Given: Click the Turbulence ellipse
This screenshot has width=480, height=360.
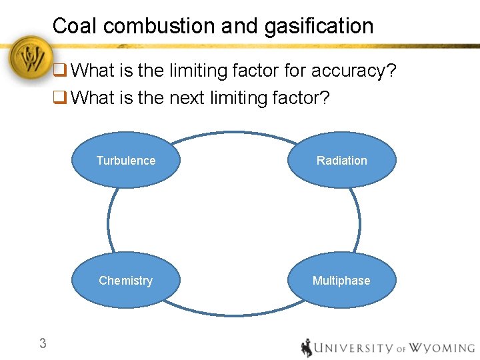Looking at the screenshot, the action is pos(125,160).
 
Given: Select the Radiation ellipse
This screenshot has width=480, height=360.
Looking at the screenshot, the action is pos(341,160).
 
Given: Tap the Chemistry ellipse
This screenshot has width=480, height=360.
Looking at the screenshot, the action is pos(125,280).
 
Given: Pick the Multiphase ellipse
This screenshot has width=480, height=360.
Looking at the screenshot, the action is pos(341,280).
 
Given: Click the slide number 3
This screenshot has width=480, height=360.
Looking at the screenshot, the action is pos(43,344).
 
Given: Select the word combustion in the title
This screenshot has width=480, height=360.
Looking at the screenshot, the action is pos(159,26).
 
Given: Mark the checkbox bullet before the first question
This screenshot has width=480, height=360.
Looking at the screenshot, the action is pos(59,70).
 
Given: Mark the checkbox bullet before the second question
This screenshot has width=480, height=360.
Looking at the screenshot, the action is pos(59,97).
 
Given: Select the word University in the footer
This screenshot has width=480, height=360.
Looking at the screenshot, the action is pos(354,348).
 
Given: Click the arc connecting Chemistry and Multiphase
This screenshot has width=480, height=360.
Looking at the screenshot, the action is pos(233,314).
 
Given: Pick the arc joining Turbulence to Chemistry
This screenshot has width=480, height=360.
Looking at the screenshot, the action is pos(108,220).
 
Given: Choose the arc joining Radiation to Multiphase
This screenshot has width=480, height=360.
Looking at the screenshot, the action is pos(359,220).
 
